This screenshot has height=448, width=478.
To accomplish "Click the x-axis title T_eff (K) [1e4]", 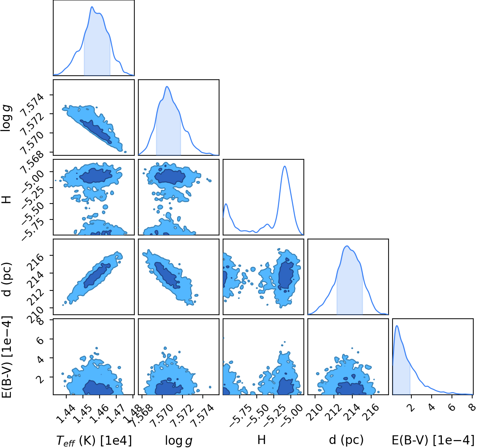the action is coord(94,441).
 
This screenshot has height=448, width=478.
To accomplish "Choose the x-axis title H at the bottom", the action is coord(261,440).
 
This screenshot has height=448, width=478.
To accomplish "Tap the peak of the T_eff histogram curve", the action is coord(92,7).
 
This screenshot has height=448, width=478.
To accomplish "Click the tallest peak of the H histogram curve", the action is coord(285,166).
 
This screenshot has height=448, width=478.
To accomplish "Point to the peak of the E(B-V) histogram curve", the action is coord(397,326).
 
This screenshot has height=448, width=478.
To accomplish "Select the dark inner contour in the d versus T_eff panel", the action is coord(97,275).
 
